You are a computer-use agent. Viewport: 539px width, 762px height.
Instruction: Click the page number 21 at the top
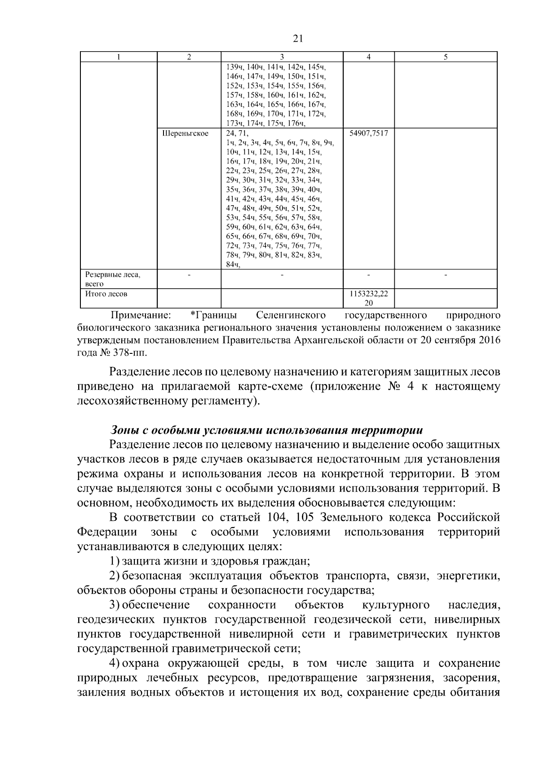298,39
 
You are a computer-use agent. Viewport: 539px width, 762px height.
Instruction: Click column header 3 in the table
282,57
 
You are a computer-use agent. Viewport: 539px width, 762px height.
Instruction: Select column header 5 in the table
445,57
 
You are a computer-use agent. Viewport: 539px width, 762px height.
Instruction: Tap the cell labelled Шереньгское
185,133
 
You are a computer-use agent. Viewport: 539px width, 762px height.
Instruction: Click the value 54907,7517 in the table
368,133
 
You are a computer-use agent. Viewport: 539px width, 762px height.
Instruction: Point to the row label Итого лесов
106,294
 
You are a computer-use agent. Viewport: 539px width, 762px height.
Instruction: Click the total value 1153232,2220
368,298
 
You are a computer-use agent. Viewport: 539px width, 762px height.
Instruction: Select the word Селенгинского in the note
291,315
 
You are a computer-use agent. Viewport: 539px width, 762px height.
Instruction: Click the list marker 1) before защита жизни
115,561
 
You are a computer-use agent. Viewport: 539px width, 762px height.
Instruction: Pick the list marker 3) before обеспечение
115,605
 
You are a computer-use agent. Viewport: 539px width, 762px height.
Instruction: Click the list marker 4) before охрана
115,663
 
